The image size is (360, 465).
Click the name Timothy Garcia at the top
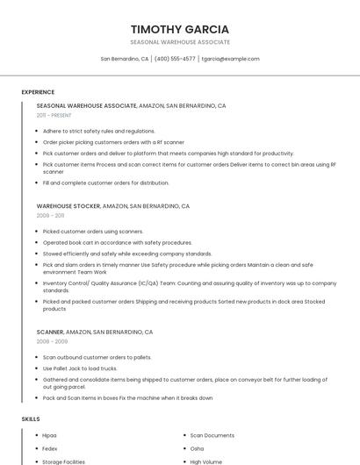pos(180,29)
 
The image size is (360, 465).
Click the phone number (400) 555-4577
pos(175,59)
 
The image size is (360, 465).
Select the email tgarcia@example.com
pos(230,59)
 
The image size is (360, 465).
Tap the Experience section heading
pos(38,91)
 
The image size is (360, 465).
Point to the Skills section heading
pos(31,418)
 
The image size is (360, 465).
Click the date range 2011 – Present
pos(54,115)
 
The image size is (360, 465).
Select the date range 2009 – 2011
pos(50,215)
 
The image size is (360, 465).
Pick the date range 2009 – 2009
pos(51,341)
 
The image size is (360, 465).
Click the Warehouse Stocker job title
pos(68,206)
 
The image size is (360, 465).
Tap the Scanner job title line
pos(95,333)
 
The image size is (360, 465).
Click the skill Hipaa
pos(49,435)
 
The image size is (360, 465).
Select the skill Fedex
pos(49,448)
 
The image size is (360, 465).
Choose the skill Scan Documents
pos(212,435)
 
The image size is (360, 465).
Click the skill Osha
pos(197,448)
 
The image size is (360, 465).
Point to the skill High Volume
pos(206,461)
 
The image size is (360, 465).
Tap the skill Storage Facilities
pos(63,461)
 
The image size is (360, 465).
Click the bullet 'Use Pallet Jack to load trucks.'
pos(79,368)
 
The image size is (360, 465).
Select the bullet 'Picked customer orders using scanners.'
pos(92,232)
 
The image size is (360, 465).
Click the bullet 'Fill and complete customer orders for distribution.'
pos(105,182)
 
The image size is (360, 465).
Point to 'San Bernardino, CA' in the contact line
pos(125,59)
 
